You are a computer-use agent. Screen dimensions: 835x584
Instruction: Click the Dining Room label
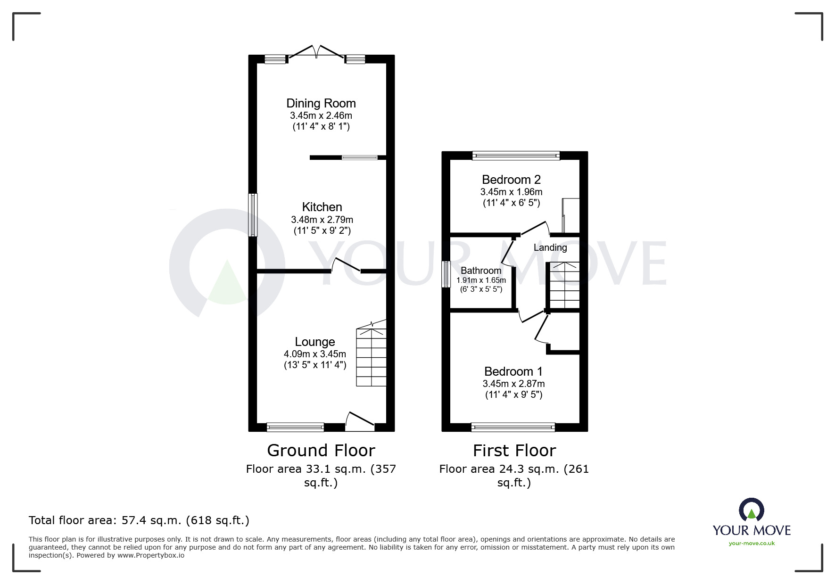[321, 103]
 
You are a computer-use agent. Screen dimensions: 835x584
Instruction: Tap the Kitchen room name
[322, 207]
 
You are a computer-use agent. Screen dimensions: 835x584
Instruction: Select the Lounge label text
[315, 342]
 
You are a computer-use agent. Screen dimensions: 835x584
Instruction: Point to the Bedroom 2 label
[511, 180]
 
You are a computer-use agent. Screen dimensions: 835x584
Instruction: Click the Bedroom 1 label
[513, 371]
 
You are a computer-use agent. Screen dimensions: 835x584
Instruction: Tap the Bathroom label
[481, 271]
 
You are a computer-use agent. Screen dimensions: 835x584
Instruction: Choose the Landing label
[550, 247]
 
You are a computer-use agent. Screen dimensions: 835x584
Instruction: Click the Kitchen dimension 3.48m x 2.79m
[322, 220]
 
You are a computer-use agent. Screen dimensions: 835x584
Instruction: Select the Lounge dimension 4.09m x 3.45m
[315, 354]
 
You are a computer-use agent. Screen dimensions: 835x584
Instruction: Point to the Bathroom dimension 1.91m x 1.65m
[481, 280]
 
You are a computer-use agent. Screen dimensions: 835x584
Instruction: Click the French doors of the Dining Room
[316, 53]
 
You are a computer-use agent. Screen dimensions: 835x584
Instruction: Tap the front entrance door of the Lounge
[360, 421]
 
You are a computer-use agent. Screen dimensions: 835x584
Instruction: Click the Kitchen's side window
[253, 215]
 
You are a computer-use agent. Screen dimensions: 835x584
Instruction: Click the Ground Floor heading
[321, 451]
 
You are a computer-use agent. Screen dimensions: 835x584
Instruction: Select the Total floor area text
[139, 520]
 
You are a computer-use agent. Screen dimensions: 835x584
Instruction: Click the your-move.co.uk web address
[752, 543]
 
